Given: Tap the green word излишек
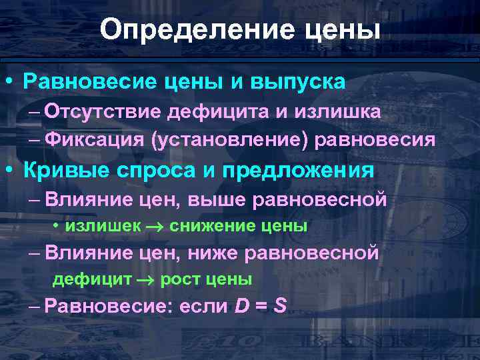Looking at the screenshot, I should pyautogui.click(x=103, y=227).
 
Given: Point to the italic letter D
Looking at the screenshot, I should pyautogui.click(x=243, y=306).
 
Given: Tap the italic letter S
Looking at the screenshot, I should pyautogui.click(x=280, y=306).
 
